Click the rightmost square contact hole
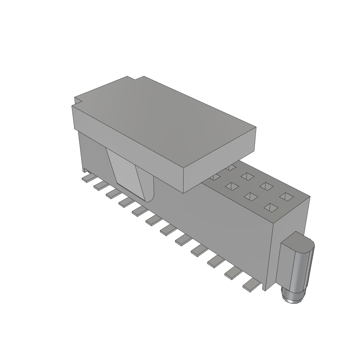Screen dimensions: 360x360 (x=286, y=196)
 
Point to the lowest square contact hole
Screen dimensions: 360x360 (x=270, y=208)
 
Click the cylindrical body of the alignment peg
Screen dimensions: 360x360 (x=302, y=271)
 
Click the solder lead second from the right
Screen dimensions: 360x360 (x=232, y=273)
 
